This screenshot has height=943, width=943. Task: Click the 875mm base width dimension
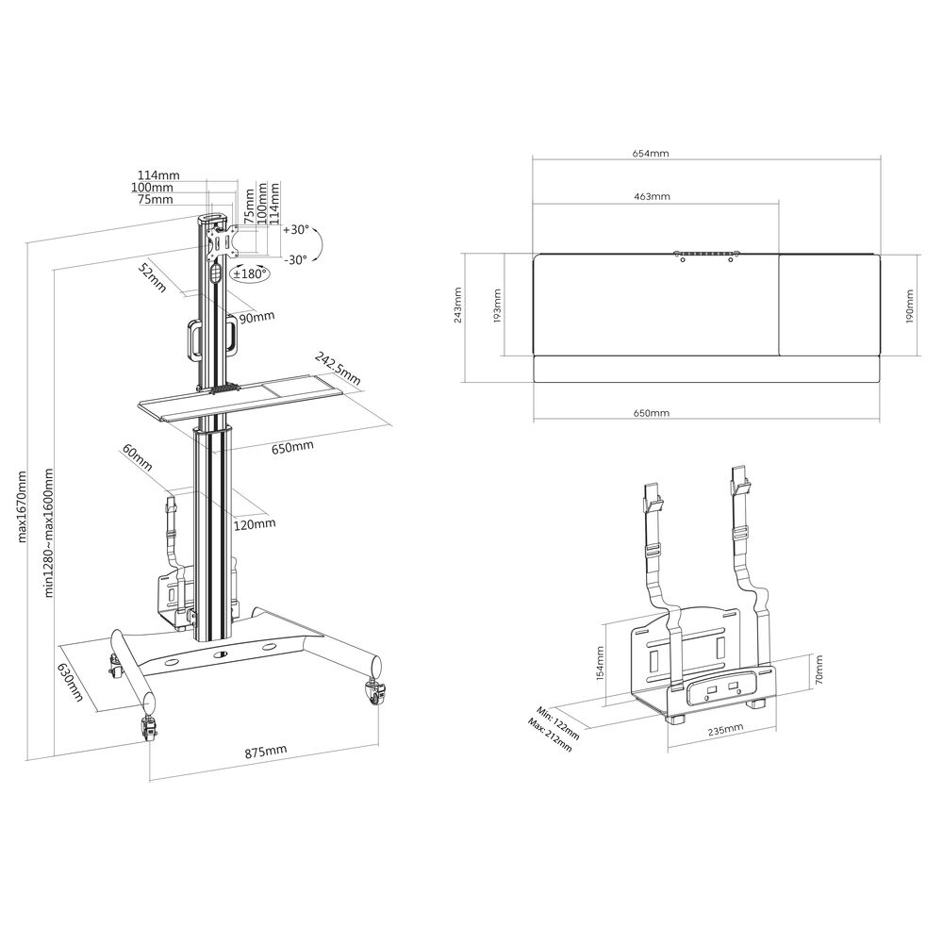coord(266,752)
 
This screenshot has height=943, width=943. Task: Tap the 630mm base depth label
coord(71,683)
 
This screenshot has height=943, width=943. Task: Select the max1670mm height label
coord(23,505)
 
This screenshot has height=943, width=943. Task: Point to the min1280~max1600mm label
coord(49,533)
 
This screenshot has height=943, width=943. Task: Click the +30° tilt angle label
coord(296,230)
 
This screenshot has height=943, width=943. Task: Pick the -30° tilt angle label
coord(296,259)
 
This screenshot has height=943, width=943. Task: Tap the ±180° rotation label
coord(250,273)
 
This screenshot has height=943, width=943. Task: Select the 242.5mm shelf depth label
coord(338,369)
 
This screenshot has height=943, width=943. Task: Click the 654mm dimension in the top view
coord(651,153)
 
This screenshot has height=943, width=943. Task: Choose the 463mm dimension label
coord(652,196)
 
